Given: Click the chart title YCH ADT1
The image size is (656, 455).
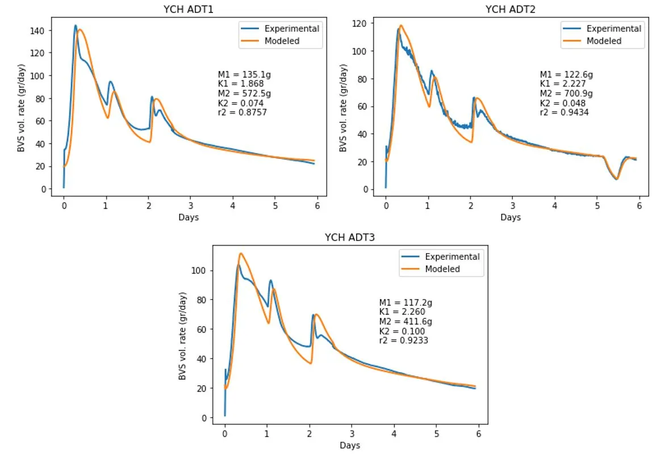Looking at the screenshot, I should coord(189,9).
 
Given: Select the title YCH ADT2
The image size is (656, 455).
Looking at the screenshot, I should coord(511,9).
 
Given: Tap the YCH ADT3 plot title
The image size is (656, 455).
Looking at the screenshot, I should coord(349,238).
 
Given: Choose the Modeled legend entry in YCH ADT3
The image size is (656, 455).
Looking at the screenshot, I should coord(442,269).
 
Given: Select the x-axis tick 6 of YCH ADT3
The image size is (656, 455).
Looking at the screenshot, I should coord(478,433).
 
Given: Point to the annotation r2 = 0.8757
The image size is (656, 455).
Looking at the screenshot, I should coord(243,112).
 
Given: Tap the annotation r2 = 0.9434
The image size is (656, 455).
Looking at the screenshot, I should coord(564,112).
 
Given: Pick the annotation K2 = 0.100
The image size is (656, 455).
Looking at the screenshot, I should coord(402,331).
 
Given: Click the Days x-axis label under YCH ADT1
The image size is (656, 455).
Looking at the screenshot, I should coord(189,217).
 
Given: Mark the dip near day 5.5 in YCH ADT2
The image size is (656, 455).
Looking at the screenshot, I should coord(616,179).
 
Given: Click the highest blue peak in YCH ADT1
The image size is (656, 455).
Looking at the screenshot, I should coord(75,26).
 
